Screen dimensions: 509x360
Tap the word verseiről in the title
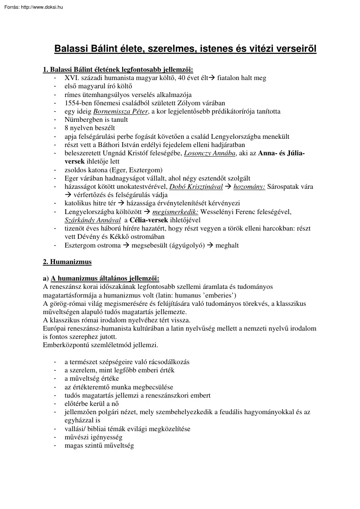pyautogui.click(x=292, y=49)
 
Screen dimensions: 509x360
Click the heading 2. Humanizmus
pyautogui.click(x=67, y=262)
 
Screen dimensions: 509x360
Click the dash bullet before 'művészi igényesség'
pyautogui.click(x=54, y=437)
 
